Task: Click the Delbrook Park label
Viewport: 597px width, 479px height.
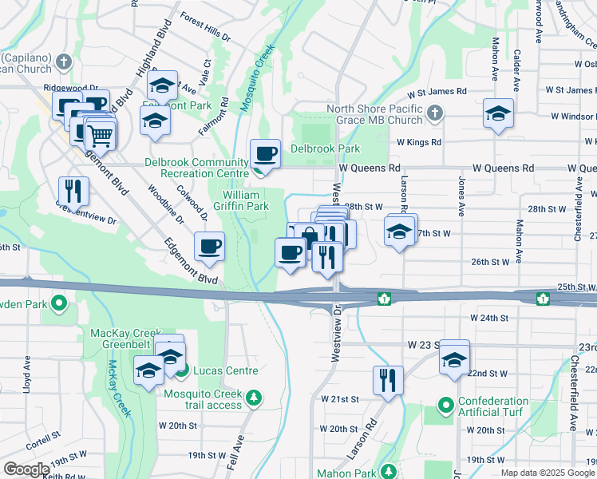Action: click(325, 148)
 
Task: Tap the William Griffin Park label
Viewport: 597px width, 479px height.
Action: click(246, 200)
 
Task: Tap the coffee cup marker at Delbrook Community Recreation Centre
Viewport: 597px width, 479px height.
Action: click(265, 152)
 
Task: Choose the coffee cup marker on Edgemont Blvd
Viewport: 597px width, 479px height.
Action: click(210, 246)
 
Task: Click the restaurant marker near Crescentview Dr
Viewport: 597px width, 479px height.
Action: click(73, 191)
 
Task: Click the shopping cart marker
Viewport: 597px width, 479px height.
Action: click(100, 135)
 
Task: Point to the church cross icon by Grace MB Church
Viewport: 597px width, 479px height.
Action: click(434, 112)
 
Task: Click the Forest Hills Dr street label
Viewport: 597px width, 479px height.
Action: click(204, 27)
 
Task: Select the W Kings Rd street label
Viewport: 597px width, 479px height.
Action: click(419, 142)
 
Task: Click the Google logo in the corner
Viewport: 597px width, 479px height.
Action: click(26, 469)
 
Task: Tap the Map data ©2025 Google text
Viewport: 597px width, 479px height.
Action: click(547, 473)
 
